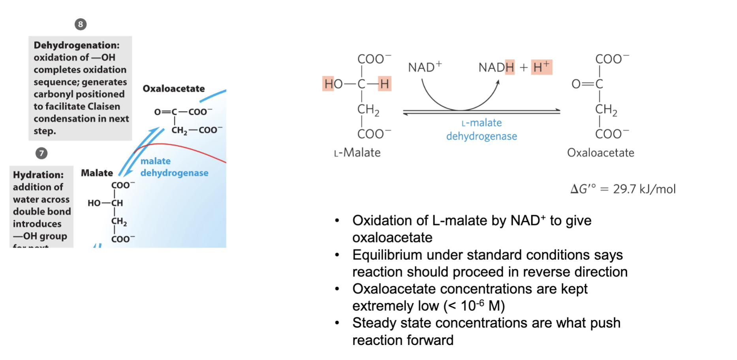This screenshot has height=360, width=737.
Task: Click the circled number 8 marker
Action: pyautogui.click(x=81, y=24)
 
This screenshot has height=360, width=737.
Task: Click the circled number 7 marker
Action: pyautogui.click(x=41, y=153)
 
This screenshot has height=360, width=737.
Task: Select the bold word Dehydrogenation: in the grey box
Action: pyautogui.click(x=77, y=45)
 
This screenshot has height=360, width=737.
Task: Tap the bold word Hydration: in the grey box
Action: pyautogui.click(x=38, y=175)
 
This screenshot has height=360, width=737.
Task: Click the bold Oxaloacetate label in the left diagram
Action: pyautogui.click(x=174, y=88)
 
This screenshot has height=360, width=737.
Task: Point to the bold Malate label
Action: pyautogui.click(x=97, y=173)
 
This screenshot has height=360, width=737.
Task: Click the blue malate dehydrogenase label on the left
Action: pyautogui.click(x=174, y=167)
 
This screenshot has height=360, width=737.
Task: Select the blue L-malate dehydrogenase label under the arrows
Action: pyautogui.click(x=481, y=129)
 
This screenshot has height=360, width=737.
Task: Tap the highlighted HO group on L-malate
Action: pyautogui.click(x=333, y=84)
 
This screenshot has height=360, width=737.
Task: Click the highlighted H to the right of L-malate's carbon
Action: pyautogui.click(x=385, y=84)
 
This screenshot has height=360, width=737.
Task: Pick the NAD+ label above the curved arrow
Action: pyautogui.click(x=425, y=67)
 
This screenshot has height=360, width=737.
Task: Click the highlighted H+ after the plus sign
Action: pyautogui.click(x=541, y=67)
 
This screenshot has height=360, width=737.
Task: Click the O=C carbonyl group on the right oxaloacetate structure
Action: pyautogui.click(x=587, y=84)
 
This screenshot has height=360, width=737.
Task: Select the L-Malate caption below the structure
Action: pyautogui.click(x=357, y=153)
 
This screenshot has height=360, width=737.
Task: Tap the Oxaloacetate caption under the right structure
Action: pyautogui.click(x=601, y=153)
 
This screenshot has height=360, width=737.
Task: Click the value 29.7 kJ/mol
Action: pyautogui.click(x=644, y=189)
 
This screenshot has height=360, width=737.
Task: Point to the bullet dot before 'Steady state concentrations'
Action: pyautogui.click(x=337, y=323)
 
